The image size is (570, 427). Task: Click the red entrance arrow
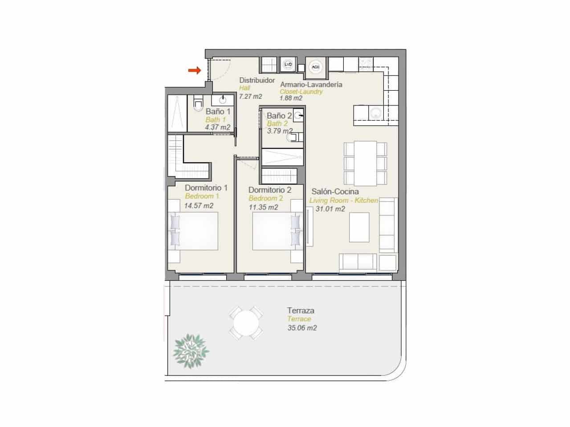[x=193, y=70]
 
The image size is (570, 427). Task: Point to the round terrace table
[x=246, y=323]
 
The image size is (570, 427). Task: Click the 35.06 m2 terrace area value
[x=302, y=328]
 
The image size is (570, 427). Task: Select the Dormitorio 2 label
[x=270, y=190]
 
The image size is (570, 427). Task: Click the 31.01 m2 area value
[x=330, y=209]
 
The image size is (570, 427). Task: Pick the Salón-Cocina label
[x=335, y=192]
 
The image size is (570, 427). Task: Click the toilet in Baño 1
[x=198, y=104]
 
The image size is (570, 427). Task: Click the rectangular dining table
[x=365, y=163]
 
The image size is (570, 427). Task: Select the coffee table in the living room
[x=359, y=227]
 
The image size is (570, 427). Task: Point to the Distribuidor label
[x=257, y=81]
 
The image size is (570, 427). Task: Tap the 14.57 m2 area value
[x=199, y=205]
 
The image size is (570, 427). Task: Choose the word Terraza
[x=301, y=310]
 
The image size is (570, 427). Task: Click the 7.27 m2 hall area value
[x=250, y=96]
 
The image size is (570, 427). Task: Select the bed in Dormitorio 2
[x=273, y=231]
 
